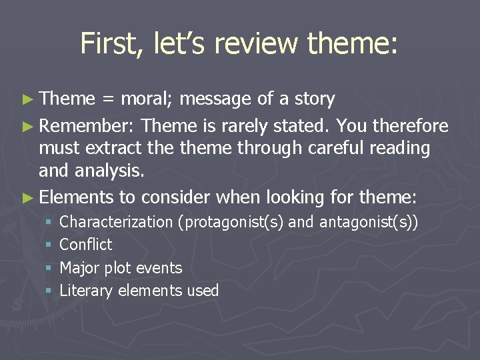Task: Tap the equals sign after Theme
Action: (107, 99)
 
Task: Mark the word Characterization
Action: (116, 221)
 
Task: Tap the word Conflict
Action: (86, 245)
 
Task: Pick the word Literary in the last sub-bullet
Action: (86, 291)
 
